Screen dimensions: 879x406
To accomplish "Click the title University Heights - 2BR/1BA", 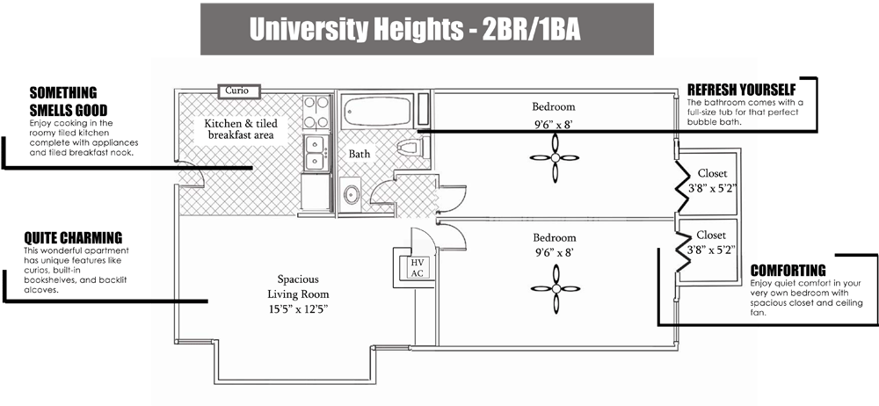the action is click(415, 30).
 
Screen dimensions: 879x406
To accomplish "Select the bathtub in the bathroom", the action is click(377, 111).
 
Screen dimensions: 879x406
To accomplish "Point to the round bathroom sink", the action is click(352, 194).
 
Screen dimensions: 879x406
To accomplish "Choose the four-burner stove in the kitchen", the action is click(316, 112).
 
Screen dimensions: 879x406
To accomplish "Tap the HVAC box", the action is click(416, 267).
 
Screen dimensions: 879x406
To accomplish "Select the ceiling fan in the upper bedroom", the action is click(555, 158).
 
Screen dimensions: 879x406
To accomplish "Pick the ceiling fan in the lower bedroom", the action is click(556, 289).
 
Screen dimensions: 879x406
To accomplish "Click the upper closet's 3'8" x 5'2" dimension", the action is click(712, 188).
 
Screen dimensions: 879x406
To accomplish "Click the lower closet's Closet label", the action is click(711, 235).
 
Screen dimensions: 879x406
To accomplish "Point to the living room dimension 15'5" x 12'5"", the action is click(297, 309).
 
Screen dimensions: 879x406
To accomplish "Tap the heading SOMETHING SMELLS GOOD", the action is click(69, 101).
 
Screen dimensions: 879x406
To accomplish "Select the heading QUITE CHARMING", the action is click(73, 238).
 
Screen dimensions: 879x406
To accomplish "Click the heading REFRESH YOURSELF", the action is click(742, 90).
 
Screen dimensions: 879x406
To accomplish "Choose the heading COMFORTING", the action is click(788, 271).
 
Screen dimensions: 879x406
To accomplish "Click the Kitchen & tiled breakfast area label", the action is click(241, 129).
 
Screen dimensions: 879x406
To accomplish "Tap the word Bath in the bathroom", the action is click(360, 153).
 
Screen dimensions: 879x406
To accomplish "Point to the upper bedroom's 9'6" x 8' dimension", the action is click(553, 125).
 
